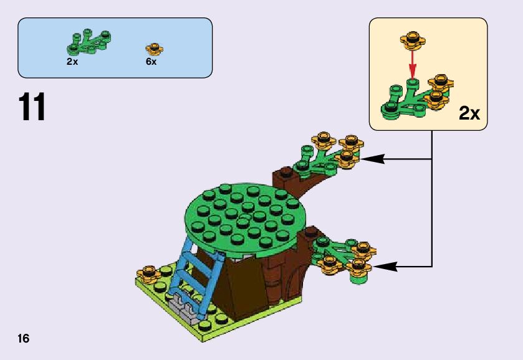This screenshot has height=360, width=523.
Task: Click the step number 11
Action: pyautogui.click(x=32, y=107)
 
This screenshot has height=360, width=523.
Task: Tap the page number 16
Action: pyautogui.click(x=24, y=339)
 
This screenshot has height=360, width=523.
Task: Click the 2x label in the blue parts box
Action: pyautogui.click(x=72, y=62)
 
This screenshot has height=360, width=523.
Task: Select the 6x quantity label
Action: pyautogui.click(x=151, y=62)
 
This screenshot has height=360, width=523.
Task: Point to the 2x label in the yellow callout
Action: pyautogui.click(x=469, y=113)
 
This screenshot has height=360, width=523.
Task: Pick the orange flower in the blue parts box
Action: pyautogui.click(x=153, y=48)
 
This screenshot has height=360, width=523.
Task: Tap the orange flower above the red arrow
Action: pyautogui.click(x=412, y=40)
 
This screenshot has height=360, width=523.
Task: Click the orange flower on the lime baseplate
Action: pyautogui.click(x=149, y=273)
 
